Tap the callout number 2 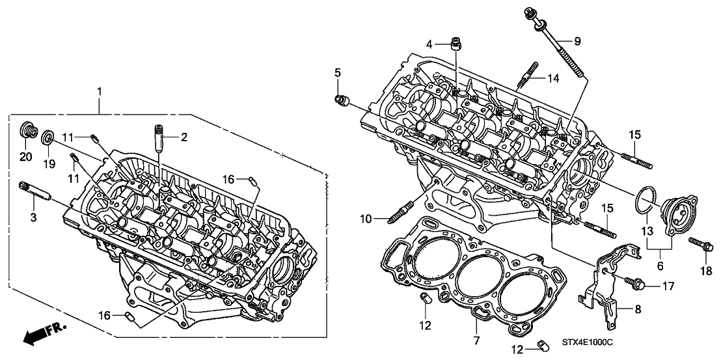184,137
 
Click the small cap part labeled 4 457,45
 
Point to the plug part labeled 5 341,100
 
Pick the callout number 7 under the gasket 476,340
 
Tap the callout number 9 577,41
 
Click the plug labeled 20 26,128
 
